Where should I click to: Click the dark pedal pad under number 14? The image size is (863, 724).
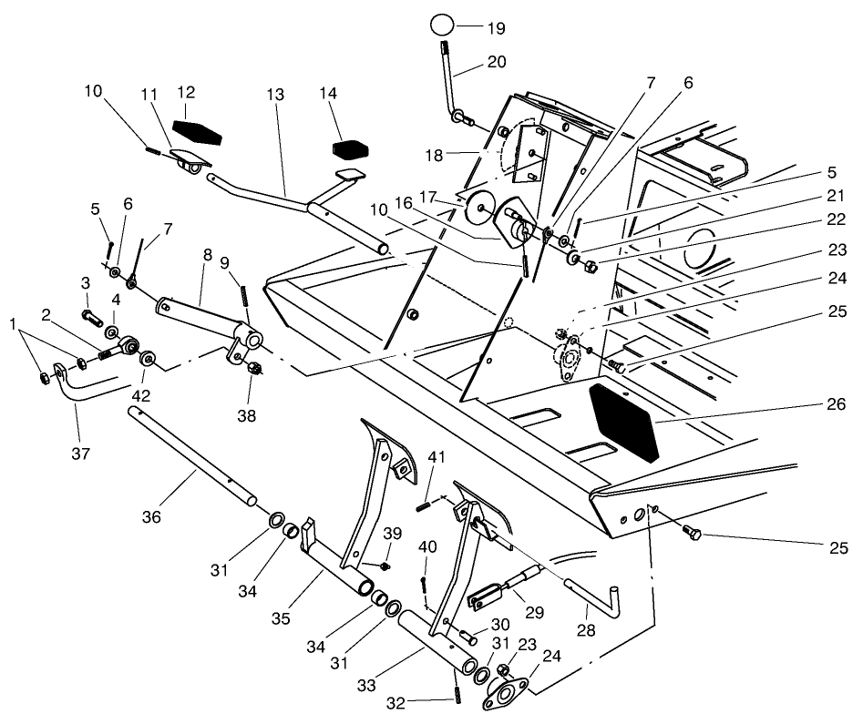[x=349, y=144]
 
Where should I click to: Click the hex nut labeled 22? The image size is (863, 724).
[x=590, y=266]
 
